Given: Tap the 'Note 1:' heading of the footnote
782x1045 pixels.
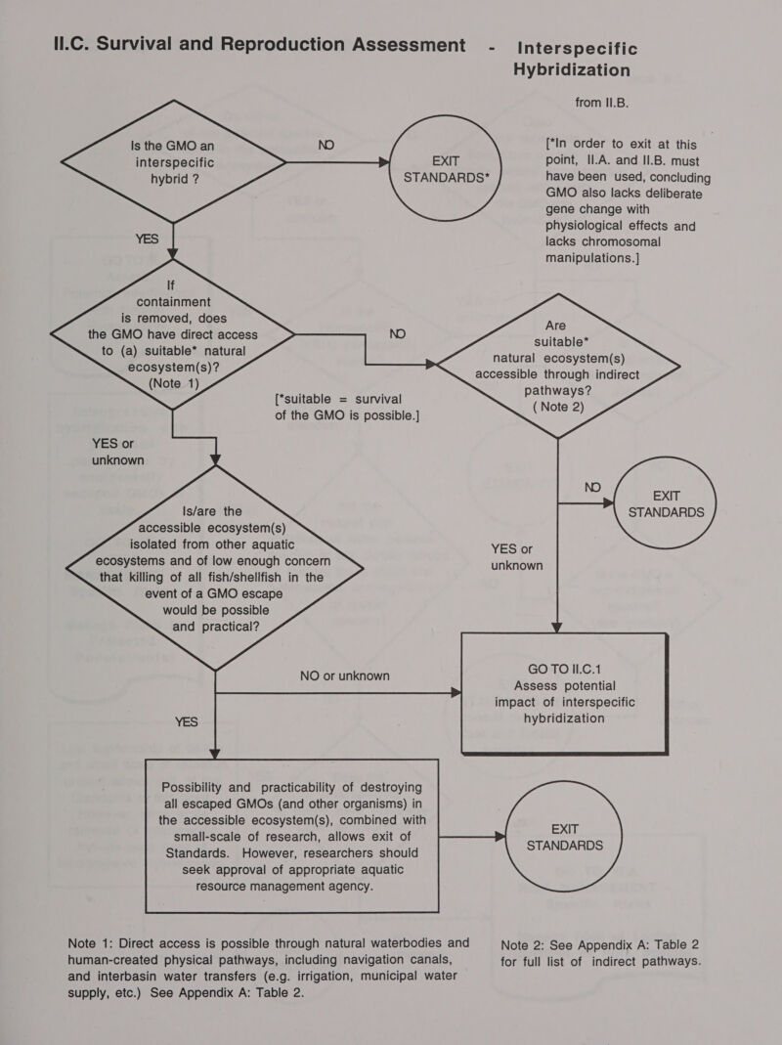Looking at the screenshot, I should click(x=99, y=943).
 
